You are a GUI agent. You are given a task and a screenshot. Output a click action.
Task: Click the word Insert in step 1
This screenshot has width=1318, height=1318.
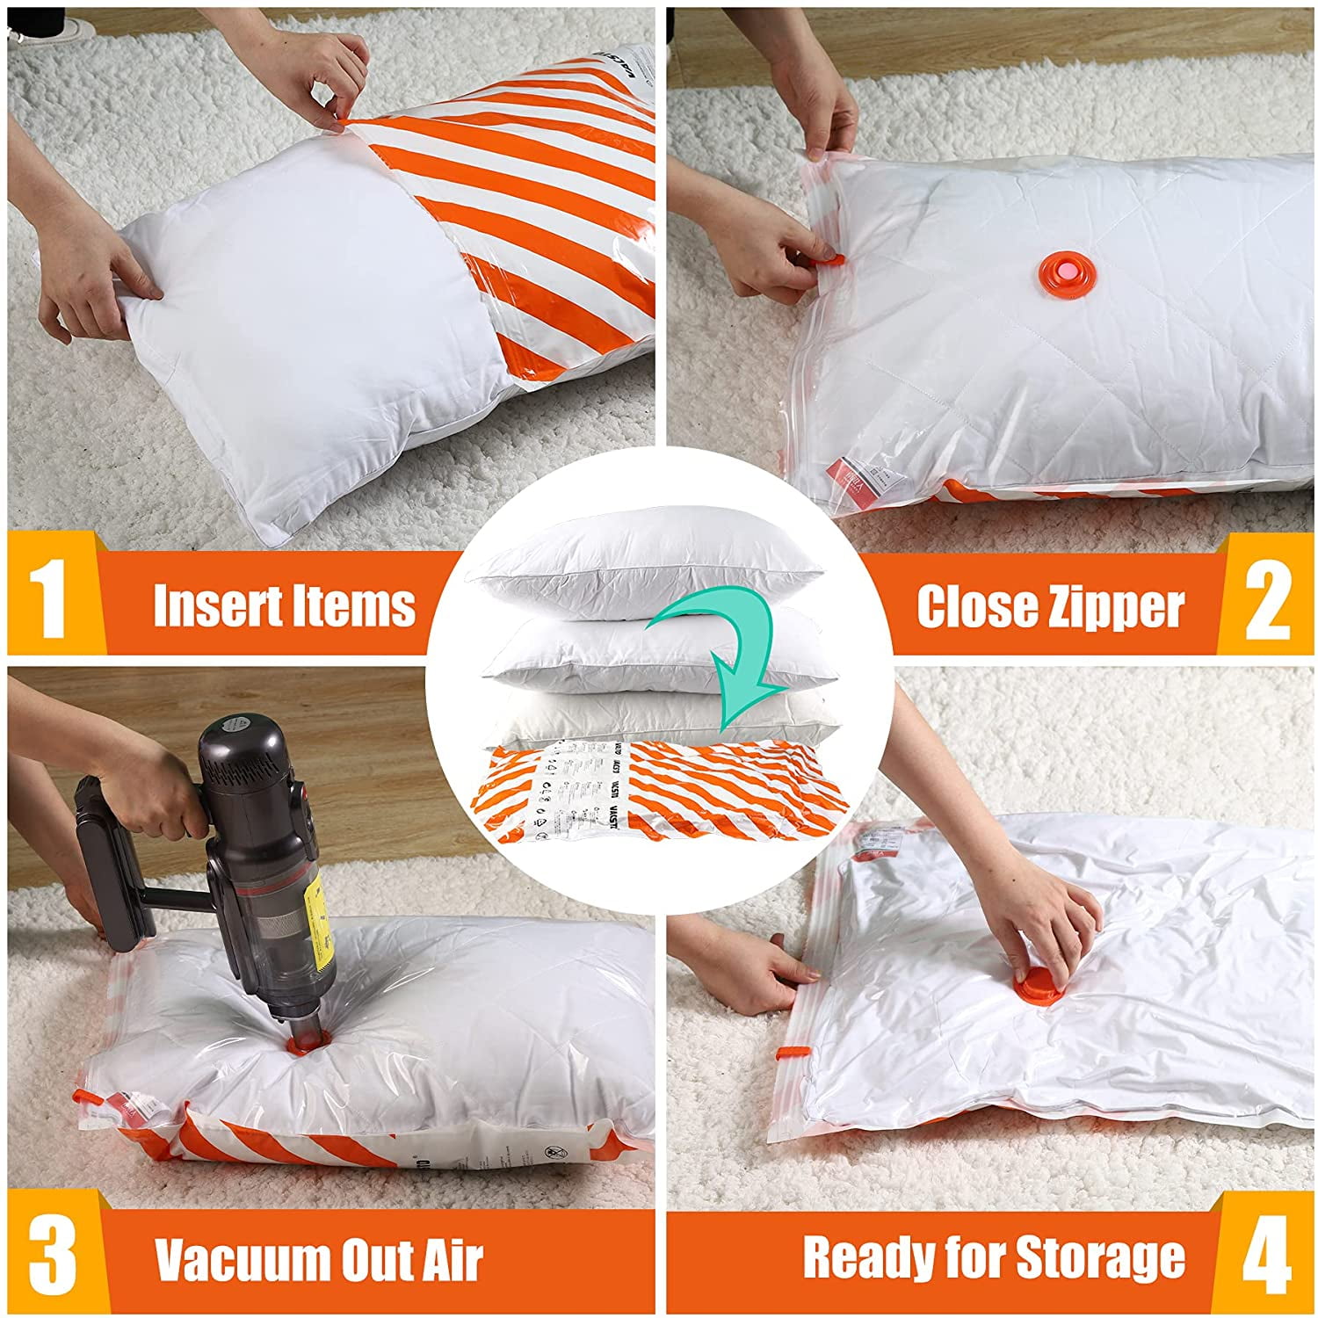click(x=217, y=606)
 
